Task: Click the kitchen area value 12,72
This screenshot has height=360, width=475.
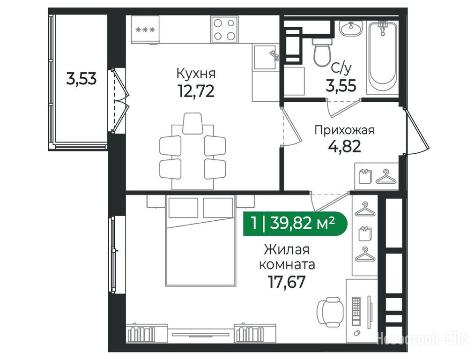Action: click(196, 91)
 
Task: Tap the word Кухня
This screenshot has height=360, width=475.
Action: click(196, 74)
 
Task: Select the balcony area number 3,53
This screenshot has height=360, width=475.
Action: click(81, 79)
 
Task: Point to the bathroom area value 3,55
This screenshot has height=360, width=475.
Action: click(341, 85)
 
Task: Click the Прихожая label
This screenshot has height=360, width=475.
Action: click(344, 130)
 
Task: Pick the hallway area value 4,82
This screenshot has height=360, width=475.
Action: click(344, 147)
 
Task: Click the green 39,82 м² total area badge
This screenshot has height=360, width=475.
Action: click(296, 224)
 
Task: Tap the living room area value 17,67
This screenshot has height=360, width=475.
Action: click(286, 282)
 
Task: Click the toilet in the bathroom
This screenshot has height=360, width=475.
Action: click(322, 52)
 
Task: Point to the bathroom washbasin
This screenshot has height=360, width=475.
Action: click(351, 29)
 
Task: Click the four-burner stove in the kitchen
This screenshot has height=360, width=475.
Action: click(224, 30)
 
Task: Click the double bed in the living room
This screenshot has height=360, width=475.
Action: click(200, 240)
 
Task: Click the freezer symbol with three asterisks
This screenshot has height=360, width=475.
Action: click(145, 30)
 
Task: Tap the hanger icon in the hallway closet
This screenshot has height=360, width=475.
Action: click(386, 177)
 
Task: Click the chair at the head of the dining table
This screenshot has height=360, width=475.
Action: click(193, 123)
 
